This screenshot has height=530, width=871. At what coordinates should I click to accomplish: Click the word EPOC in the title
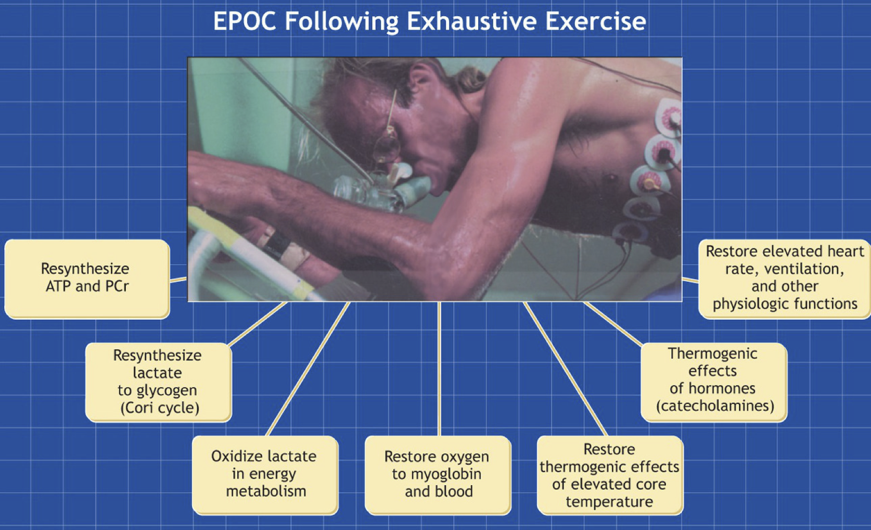(245, 21)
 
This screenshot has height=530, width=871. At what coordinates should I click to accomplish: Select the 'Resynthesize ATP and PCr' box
(87, 279)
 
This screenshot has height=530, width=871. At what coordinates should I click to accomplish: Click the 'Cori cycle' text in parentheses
(160, 408)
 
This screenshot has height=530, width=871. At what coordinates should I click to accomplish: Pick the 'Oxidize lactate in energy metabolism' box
(265, 475)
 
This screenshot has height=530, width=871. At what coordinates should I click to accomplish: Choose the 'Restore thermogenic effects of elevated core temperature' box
(610, 475)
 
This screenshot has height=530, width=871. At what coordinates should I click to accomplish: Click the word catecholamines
(715, 406)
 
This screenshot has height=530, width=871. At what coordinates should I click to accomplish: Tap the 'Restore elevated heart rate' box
(784, 279)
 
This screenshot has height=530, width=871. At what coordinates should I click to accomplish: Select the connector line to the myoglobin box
(439, 369)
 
